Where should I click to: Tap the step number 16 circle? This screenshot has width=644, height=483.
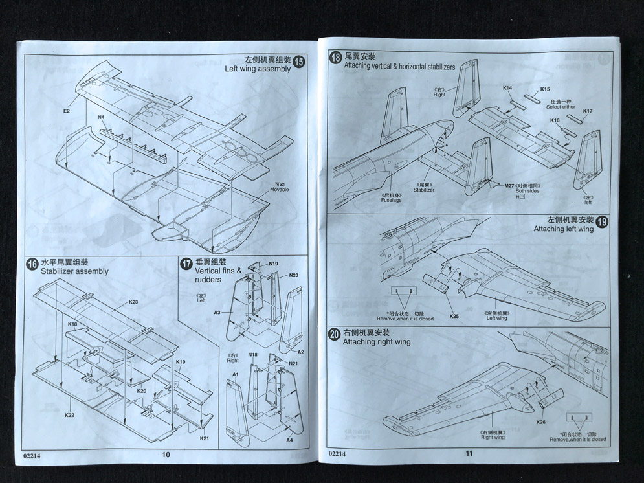point(32,264)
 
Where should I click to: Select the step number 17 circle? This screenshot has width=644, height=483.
point(186,264)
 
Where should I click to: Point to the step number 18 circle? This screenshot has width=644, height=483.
point(335,58)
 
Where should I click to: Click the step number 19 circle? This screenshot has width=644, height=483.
point(601,221)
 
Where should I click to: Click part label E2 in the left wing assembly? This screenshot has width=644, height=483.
point(67,111)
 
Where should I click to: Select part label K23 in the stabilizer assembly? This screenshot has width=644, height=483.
point(133,302)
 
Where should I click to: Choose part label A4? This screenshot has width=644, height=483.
point(290,440)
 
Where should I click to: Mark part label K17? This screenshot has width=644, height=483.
point(587,111)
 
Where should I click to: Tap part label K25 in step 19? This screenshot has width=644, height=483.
point(454,316)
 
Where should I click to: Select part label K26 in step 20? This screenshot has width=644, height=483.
point(541,422)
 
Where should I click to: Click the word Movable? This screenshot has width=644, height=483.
point(280,190)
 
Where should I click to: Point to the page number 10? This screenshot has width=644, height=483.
point(166,454)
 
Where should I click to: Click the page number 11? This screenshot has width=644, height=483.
point(469,453)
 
